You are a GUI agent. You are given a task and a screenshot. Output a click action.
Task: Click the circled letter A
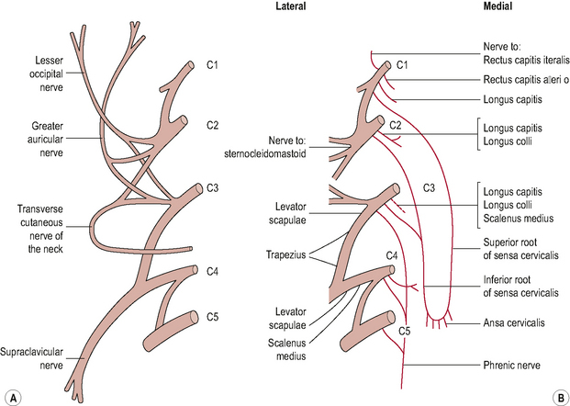(12, 397)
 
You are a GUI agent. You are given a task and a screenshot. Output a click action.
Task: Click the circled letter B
(557, 397)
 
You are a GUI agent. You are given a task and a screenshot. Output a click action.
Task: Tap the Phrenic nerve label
(512, 365)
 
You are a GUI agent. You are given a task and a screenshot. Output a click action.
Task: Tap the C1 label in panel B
(400, 63)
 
